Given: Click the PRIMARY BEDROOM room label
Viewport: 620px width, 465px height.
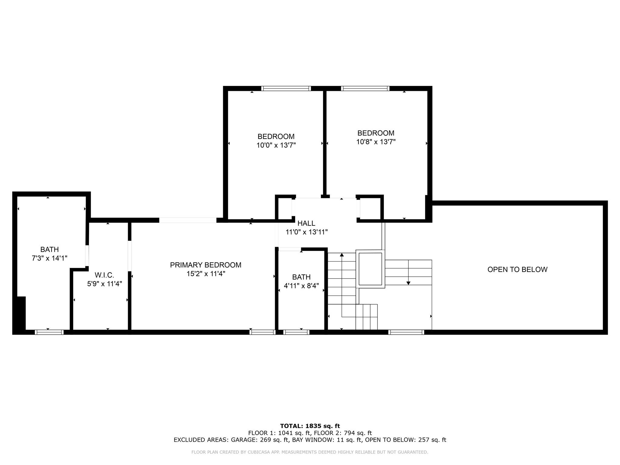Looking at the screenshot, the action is (206, 265).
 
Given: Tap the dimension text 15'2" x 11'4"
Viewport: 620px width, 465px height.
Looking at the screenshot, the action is (206, 274).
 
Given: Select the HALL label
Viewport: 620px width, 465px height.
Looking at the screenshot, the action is (306, 223).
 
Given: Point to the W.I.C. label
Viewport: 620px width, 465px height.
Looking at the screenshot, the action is (104, 275).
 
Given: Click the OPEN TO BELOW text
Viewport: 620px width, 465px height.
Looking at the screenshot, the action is (517, 269).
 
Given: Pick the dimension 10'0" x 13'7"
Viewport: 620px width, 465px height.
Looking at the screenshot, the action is (276, 145).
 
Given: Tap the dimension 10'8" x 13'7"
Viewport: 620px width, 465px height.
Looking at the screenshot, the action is (376, 142).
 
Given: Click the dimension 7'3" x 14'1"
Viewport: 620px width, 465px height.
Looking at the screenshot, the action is (49, 258).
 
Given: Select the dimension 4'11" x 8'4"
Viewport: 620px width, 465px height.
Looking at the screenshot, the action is (301, 286).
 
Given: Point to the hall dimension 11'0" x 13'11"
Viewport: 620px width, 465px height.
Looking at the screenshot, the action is (307, 232).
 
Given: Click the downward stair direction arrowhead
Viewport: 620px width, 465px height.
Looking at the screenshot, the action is (408, 283).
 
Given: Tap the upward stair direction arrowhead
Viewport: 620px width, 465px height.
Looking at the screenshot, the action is (342, 255).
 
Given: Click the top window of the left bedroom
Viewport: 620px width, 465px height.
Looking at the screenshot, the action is (286, 88).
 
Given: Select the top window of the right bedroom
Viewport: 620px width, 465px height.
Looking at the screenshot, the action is (365, 88).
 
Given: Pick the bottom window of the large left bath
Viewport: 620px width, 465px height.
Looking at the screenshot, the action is (49, 332).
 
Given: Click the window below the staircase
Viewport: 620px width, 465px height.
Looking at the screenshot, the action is (406, 332).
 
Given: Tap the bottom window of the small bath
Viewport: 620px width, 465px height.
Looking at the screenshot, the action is (296, 332).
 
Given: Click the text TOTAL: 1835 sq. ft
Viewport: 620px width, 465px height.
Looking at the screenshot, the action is (310, 426).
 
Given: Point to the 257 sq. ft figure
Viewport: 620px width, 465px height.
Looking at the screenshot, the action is (432, 440).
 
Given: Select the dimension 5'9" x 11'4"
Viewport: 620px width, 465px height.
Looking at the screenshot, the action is (104, 284).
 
